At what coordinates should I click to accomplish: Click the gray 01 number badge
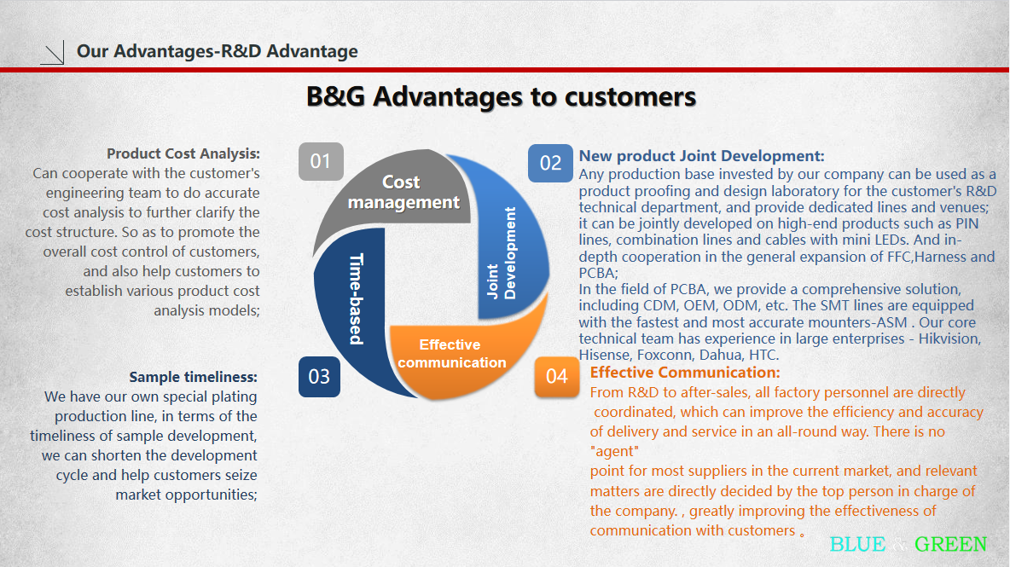click(x=321, y=161)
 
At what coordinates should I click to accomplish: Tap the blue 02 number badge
click(x=550, y=163)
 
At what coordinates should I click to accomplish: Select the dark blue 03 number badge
click(x=319, y=377)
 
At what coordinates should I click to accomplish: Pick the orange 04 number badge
click(x=556, y=377)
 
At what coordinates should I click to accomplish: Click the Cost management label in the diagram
click(x=403, y=192)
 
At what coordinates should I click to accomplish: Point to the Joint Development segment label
click(x=501, y=253)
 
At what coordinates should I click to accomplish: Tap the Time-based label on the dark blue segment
click(x=357, y=299)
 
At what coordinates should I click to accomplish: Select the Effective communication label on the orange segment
click(x=451, y=353)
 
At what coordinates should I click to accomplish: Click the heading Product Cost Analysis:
click(x=183, y=153)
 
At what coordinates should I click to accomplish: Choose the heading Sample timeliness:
click(x=193, y=377)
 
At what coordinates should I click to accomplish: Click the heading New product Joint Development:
click(x=701, y=156)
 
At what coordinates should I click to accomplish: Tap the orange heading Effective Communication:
click(x=685, y=372)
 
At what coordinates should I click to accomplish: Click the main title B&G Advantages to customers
click(x=501, y=96)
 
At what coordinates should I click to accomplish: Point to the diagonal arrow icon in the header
click(x=52, y=52)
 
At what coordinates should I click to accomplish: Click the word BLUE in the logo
click(x=857, y=545)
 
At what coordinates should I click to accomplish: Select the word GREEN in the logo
click(x=950, y=545)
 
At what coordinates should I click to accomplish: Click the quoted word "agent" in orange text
click(x=614, y=451)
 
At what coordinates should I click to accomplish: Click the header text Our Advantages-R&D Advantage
click(x=217, y=51)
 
